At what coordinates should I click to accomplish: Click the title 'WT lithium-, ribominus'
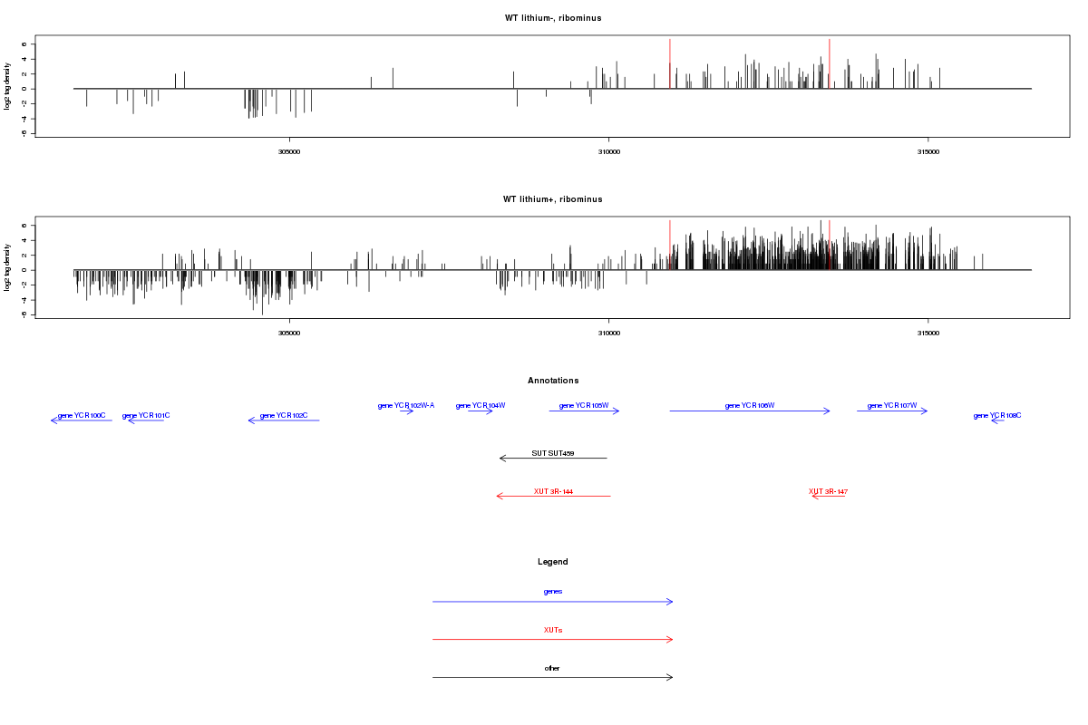(x=553, y=18)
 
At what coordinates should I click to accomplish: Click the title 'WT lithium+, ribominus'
(x=553, y=199)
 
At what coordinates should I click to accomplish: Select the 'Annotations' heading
(x=553, y=381)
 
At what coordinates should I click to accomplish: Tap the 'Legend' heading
(x=553, y=562)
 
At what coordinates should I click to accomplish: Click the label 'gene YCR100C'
(x=82, y=416)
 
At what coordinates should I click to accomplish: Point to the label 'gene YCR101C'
(x=146, y=416)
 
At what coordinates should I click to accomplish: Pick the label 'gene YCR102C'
(x=284, y=416)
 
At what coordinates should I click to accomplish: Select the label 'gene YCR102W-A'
(x=406, y=406)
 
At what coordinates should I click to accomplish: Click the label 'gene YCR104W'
(x=481, y=406)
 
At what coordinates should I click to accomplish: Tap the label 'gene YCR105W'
(x=584, y=406)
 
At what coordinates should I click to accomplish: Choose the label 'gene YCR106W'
(x=750, y=406)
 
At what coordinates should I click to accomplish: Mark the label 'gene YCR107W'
(x=892, y=406)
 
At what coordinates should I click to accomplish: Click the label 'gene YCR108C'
(x=997, y=416)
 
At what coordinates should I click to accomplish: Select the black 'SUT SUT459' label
(x=553, y=453)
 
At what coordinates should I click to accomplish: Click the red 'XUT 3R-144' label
(x=553, y=491)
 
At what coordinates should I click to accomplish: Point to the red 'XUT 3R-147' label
(x=828, y=491)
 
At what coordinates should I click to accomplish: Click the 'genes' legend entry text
(x=553, y=592)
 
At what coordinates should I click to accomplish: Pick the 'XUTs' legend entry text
(x=553, y=630)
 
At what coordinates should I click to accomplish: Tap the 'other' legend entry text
(x=553, y=668)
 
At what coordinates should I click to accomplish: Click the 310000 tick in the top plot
(x=608, y=152)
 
